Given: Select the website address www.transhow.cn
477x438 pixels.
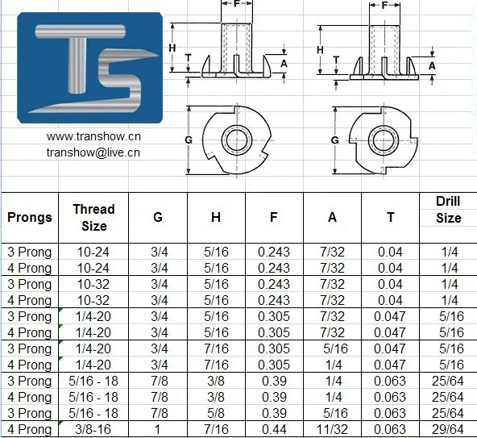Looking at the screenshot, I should click(x=93, y=136).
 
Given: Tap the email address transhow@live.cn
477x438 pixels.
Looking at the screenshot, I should click(x=93, y=151).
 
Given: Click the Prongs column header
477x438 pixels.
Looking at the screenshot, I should click(x=30, y=217).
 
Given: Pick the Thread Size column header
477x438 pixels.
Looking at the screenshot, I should click(x=93, y=217).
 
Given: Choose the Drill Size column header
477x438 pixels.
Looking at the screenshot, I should click(x=448, y=209).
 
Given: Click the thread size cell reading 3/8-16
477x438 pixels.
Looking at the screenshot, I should click(x=93, y=429).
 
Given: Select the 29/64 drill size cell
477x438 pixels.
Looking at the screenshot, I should click(x=448, y=429).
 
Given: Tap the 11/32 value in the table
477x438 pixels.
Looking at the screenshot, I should click(x=332, y=429).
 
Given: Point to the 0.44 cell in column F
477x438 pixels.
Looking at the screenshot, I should click(x=274, y=429).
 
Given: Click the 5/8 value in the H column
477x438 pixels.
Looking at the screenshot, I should click(x=216, y=413).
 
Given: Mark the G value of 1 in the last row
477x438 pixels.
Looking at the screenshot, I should click(x=160, y=429).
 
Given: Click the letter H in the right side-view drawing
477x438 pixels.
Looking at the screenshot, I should click(x=320, y=49).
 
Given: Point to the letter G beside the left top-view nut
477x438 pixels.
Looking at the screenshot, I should click(x=188, y=140).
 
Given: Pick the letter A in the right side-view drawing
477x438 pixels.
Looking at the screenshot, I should click(x=433, y=65).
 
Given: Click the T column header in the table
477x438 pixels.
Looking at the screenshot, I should click(x=390, y=217).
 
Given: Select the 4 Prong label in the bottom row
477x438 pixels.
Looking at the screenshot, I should click(x=30, y=429).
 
